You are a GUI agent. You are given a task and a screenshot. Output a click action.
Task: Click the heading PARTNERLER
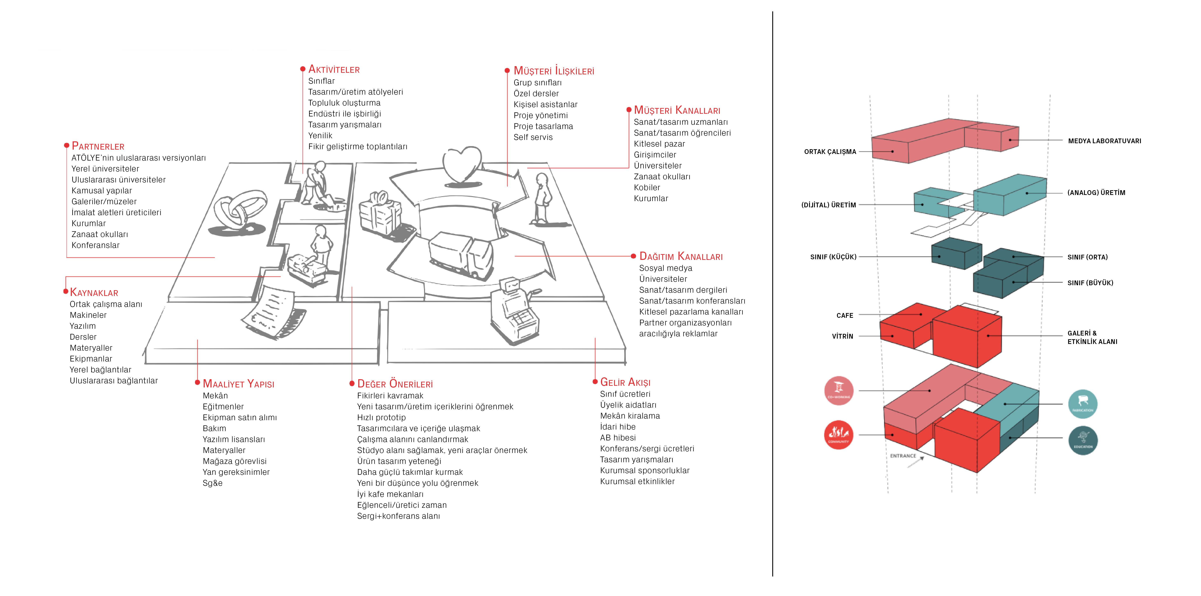[x=98, y=146]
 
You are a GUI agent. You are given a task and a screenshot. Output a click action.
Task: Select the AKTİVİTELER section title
[x=334, y=69]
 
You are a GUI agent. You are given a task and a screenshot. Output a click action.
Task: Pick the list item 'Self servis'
[x=533, y=137]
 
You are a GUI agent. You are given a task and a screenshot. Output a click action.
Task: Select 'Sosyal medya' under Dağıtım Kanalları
[x=665, y=268]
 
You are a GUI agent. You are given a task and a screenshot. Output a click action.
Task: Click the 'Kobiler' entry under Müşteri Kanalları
[x=647, y=187]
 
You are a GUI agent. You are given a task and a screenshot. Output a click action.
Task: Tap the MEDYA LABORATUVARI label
[x=1104, y=141]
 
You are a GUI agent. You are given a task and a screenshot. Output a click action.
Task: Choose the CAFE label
[x=844, y=316]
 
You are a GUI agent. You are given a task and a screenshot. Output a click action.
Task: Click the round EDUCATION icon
[x=1083, y=440]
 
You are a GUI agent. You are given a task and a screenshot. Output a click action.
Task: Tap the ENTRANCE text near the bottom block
[x=903, y=456]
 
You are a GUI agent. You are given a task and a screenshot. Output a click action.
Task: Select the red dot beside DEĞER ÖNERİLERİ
[x=352, y=384]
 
